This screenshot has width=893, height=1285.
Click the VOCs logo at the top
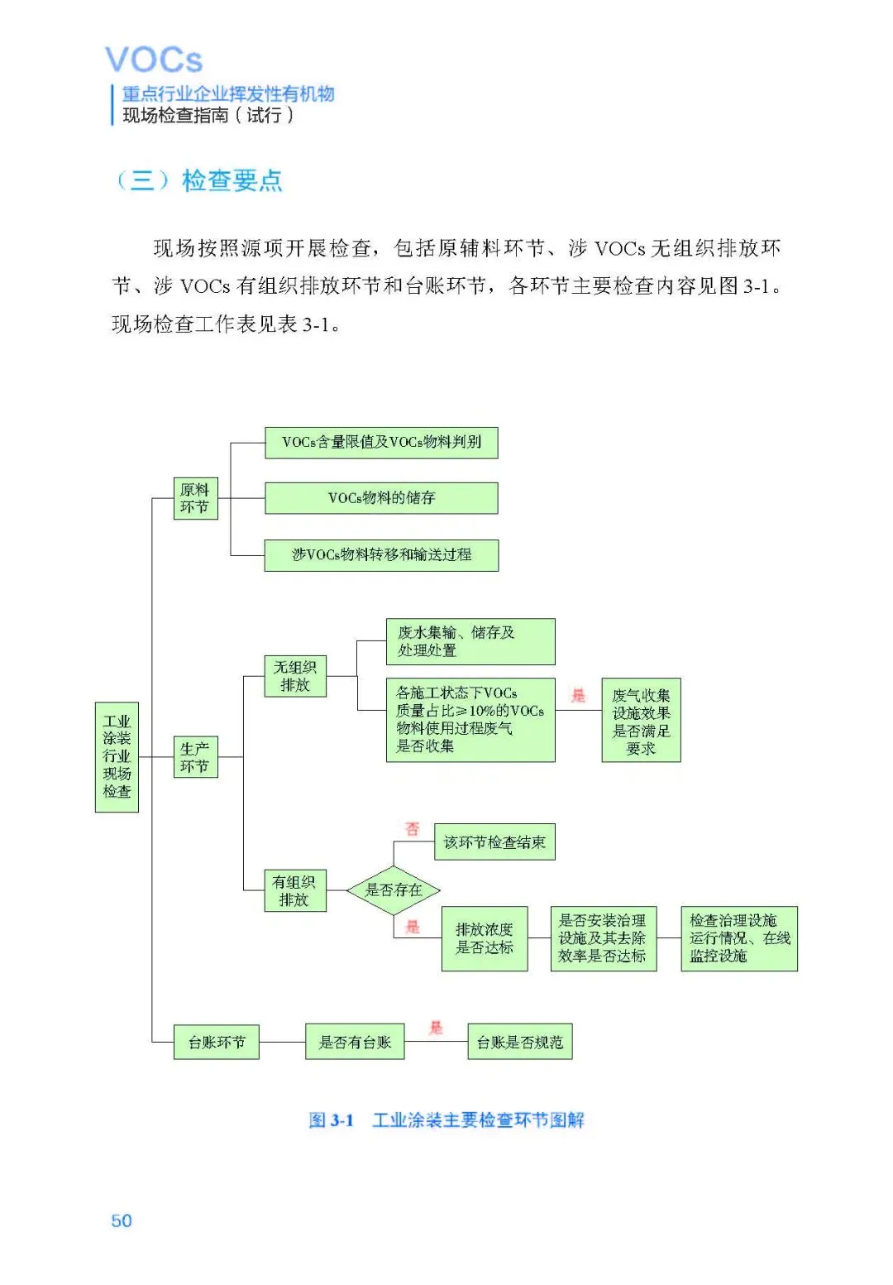point(154,60)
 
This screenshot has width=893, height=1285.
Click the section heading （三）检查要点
point(198,180)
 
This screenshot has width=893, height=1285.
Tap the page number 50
point(122,1220)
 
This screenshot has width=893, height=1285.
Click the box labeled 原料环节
point(195,498)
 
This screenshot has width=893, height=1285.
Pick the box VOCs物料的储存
point(381,498)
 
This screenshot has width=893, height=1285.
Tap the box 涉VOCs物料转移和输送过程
point(381,554)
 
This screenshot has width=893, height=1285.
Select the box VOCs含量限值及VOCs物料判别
point(381,442)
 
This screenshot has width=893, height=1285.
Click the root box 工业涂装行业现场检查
point(117,756)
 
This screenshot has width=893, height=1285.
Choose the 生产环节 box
point(195,757)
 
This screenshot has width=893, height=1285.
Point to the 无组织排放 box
point(295,676)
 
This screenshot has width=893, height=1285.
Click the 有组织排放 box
point(294,890)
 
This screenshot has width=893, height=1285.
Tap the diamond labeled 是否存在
point(394,890)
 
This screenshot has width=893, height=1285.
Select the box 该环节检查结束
point(494,842)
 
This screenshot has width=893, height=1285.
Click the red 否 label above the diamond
point(412,828)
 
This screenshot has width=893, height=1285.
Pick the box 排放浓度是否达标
point(485,938)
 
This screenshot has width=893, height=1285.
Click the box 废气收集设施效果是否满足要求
point(641,721)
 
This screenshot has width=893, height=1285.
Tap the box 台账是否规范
point(519,1043)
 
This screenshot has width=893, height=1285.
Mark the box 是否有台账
point(355,1043)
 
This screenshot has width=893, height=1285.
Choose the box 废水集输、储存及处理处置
point(470,641)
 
